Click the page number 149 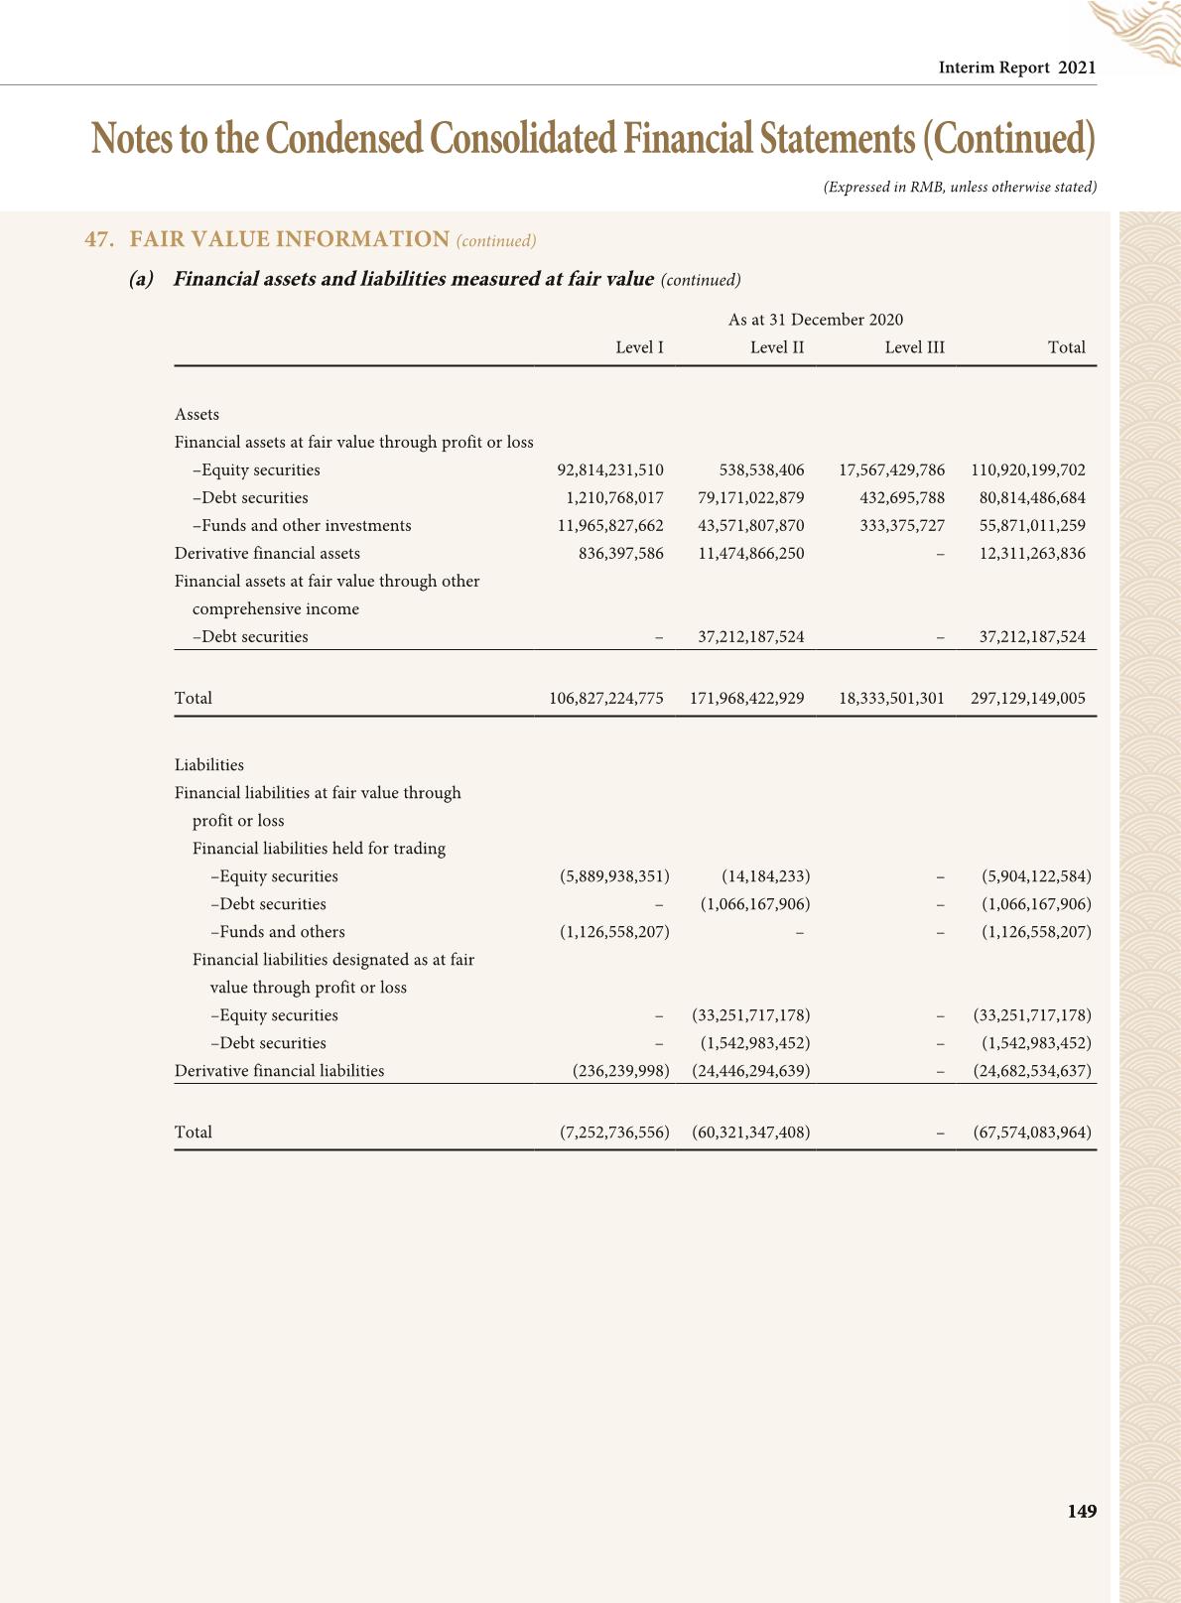[1082, 1511]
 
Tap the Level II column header [777, 347]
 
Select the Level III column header [914, 347]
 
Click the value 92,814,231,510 [610, 470]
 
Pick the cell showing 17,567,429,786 [891, 470]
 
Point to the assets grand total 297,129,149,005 [1028, 699]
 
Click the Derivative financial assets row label [267, 554]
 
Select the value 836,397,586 [621, 554]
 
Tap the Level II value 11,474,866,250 [751, 554]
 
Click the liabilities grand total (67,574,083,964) [1032, 1133]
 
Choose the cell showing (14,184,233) [765, 876]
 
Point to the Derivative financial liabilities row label [279, 1071]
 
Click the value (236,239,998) [621, 1071]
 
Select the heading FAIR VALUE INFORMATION [290, 239]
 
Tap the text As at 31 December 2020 [816, 320]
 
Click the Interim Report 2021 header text [1017, 67]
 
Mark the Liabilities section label [209, 765]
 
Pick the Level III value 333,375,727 [902, 526]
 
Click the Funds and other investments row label [302, 526]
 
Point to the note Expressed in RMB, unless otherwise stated [960, 187]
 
